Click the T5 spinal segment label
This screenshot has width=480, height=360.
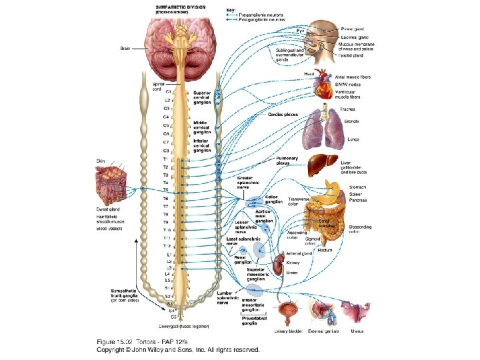[165, 190]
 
